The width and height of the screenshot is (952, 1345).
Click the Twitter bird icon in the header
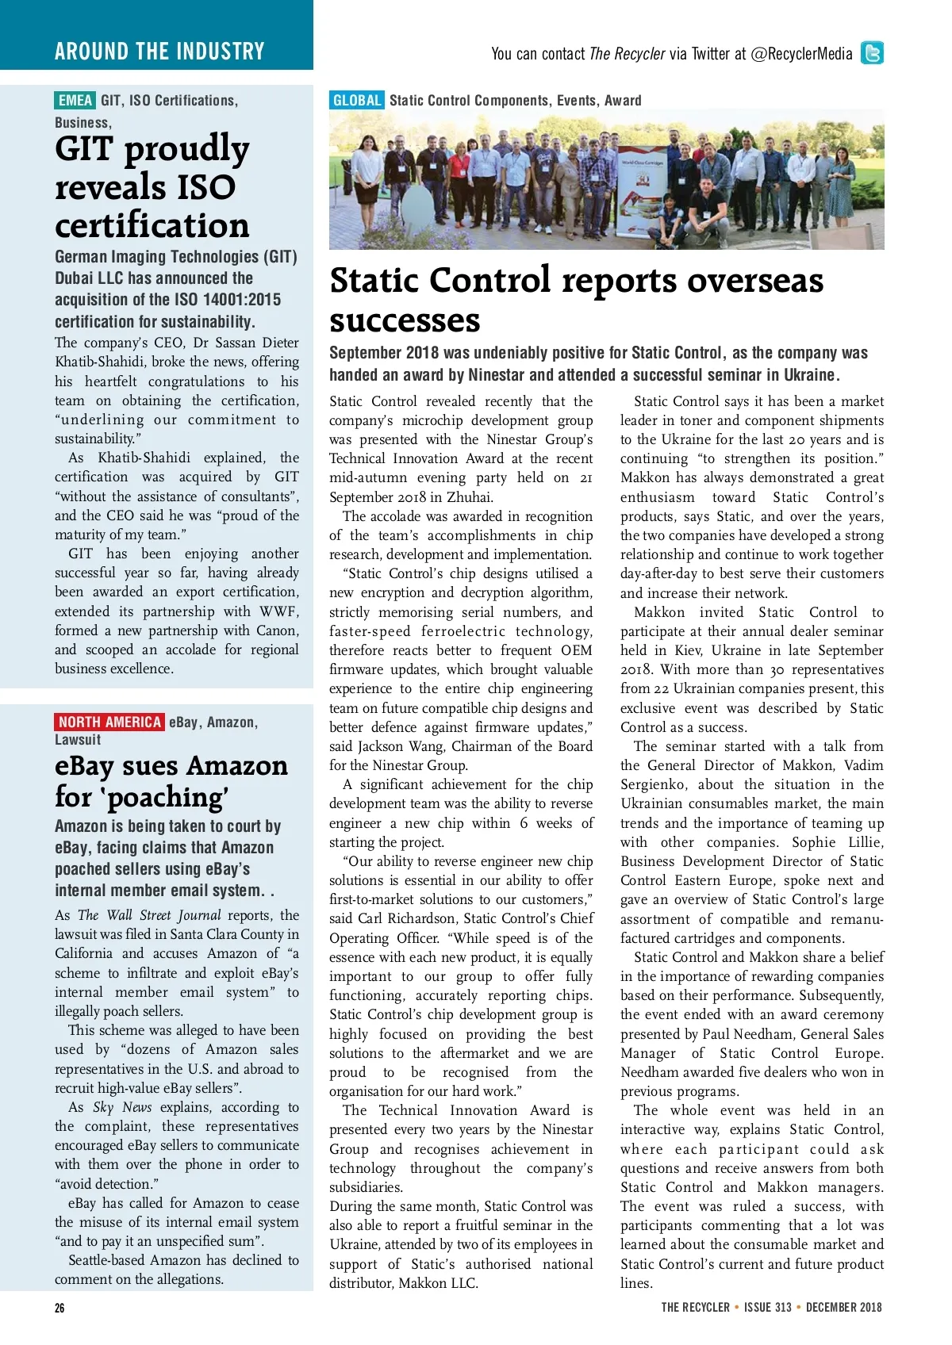point(872,53)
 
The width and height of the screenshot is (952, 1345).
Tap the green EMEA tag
point(75,101)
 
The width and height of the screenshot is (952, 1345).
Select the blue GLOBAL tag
point(356,101)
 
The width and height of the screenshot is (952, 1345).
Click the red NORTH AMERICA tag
point(109,722)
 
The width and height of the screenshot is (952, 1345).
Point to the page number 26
point(59,1309)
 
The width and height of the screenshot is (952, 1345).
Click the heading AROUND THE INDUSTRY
point(159,52)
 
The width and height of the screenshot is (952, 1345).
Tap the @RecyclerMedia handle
point(801,54)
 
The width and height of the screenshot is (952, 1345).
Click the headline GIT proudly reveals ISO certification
point(152,187)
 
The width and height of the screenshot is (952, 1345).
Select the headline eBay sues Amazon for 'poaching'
point(171,781)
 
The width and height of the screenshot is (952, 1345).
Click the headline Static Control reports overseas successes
point(576,300)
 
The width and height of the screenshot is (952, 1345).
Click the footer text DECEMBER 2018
point(843,1308)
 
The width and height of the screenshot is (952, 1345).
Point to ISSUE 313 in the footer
point(768,1308)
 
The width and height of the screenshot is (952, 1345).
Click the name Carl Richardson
point(408,918)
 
